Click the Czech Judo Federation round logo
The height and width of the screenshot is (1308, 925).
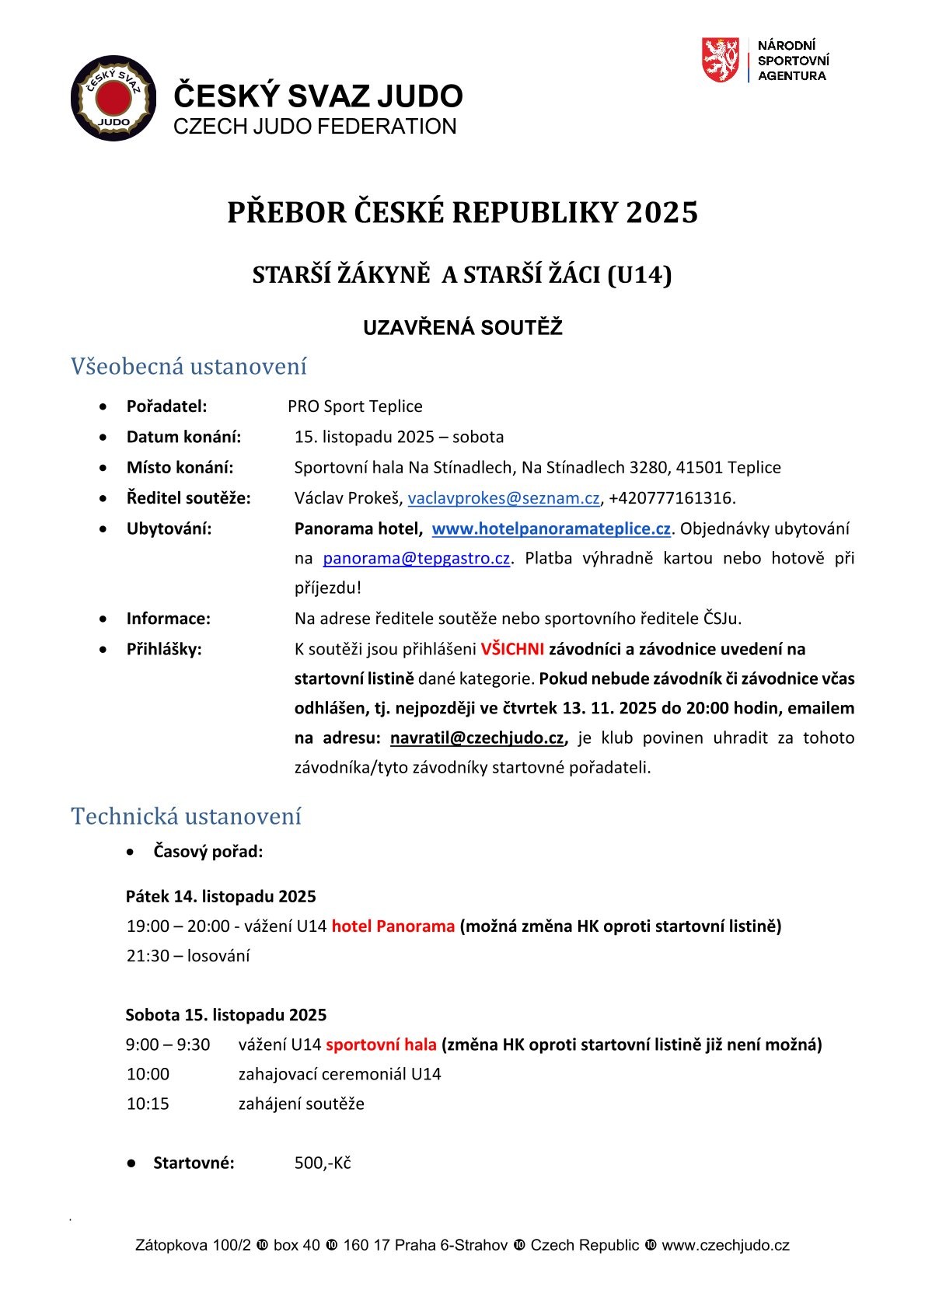coord(108,98)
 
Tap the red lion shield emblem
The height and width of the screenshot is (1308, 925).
coord(720,61)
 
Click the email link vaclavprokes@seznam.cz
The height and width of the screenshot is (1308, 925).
coord(504,498)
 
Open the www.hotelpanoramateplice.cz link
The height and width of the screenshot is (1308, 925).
coord(551,529)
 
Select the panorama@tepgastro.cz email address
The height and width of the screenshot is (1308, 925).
coord(416,559)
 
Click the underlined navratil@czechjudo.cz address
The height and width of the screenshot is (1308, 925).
coord(476,738)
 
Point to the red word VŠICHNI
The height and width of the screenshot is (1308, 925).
coord(512,650)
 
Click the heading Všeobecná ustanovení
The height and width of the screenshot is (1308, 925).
coord(189,366)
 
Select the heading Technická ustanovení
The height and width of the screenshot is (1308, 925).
coord(186,817)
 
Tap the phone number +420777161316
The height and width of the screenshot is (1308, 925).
coord(670,498)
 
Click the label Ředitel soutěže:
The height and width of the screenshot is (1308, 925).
coord(188,498)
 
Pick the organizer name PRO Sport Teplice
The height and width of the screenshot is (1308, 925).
coord(354,406)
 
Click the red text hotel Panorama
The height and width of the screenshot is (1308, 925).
coord(393,926)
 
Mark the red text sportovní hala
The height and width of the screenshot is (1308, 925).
coord(381,1045)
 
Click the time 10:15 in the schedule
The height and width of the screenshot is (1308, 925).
coord(148,1104)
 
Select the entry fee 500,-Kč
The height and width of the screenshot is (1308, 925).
coord(323,1163)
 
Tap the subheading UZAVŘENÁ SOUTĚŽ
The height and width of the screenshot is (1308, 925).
coord(462,328)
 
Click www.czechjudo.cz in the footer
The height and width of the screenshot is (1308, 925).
coord(725,1246)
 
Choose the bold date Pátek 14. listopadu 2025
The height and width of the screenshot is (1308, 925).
coord(221,897)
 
